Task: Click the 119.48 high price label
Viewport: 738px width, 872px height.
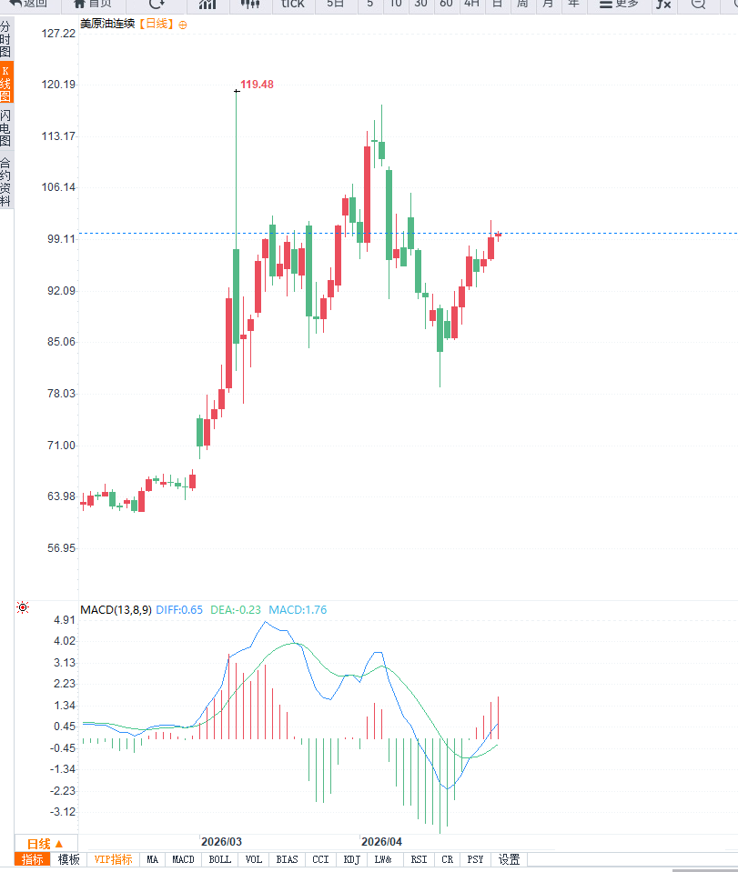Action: coord(257,85)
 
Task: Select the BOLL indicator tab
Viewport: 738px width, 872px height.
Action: coord(219,859)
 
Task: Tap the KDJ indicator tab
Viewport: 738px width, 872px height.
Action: coord(352,859)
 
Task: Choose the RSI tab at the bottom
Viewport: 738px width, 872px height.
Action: coord(419,859)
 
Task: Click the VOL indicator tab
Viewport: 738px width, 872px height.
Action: coord(253,859)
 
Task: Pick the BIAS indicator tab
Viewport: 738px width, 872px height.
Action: coord(287,859)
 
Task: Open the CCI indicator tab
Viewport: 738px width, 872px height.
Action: coord(320,859)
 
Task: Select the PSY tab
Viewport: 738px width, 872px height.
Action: coord(475,859)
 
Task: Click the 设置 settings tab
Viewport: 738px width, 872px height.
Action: coord(509,859)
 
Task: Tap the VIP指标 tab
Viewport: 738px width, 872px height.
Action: coord(113,859)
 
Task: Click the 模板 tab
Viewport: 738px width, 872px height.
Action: coord(69,859)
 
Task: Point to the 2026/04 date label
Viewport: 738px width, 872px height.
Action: coord(381,842)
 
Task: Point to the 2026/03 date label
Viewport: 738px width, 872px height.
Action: coord(221,842)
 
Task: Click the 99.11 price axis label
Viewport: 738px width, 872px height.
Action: coord(59,239)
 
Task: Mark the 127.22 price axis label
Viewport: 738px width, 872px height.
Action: coord(59,34)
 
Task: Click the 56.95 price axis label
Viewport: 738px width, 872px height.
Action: coord(59,548)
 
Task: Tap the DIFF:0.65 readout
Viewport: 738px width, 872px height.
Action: coord(179,610)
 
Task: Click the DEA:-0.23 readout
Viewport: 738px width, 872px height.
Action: coord(236,610)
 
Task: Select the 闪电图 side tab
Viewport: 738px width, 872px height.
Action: coord(5,128)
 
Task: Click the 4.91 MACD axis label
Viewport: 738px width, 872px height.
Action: coord(66,620)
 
